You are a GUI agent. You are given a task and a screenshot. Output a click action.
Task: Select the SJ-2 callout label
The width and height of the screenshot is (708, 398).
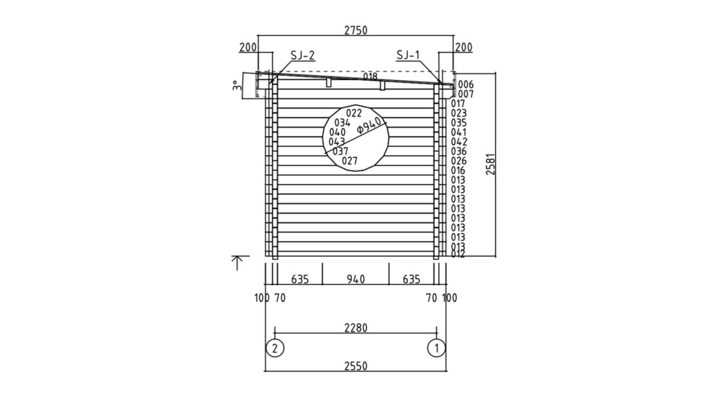[302, 56]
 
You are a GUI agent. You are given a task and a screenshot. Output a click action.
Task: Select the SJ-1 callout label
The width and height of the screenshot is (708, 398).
[409, 56]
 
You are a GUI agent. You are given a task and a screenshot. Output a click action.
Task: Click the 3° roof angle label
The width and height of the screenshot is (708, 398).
[236, 86]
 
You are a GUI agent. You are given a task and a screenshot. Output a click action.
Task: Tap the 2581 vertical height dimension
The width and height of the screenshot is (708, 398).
[490, 164]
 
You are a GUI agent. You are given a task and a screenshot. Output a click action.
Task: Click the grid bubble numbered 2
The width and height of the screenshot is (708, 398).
[275, 347]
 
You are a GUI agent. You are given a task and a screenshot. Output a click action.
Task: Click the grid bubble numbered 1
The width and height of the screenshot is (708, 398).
[436, 347]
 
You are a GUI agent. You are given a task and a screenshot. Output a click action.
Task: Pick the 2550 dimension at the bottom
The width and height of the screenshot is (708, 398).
[355, 366]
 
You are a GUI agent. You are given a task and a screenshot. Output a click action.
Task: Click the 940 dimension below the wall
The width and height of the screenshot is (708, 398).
[355, 280]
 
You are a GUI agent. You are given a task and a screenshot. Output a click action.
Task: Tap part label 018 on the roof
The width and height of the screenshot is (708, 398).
[370, 76]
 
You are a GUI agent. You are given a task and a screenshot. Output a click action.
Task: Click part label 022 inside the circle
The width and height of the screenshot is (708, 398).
[354, 113]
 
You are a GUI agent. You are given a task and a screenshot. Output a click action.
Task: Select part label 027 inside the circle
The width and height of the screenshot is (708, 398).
[350, 161]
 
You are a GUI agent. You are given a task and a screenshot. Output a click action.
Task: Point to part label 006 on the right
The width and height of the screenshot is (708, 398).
[465, 84]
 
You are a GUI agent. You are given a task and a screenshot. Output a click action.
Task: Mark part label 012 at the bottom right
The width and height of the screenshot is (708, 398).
[458, 254]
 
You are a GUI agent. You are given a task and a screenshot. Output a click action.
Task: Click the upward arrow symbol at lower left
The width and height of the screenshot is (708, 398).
[237, 262]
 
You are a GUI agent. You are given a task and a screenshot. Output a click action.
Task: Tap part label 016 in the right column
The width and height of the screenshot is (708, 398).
[458, 170]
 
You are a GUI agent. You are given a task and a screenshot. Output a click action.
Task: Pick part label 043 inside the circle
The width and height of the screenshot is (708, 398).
[337, 142]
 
